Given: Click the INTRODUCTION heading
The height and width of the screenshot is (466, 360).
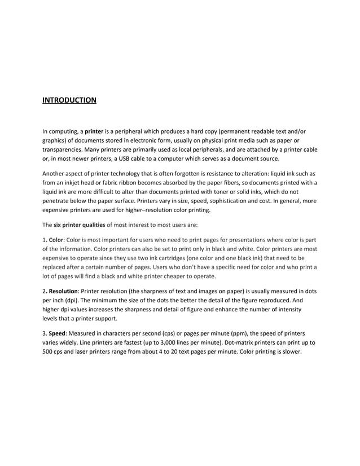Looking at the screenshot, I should pos(69,100).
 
